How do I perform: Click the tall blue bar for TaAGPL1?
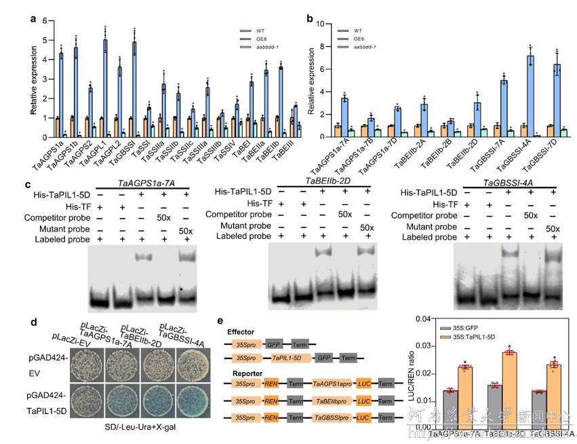click(105, 78)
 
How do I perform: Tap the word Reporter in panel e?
click(242, 373)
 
